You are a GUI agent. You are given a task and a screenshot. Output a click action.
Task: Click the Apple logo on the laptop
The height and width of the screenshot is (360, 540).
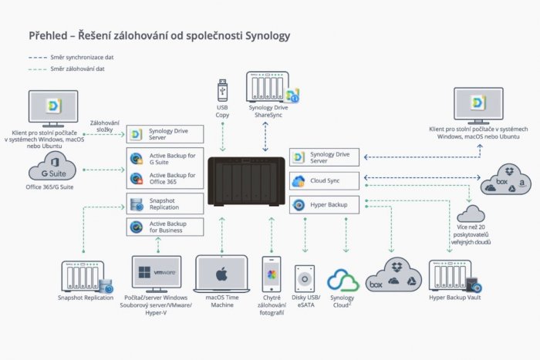221,274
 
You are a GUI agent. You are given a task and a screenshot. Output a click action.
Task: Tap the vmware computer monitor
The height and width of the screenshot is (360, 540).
157,273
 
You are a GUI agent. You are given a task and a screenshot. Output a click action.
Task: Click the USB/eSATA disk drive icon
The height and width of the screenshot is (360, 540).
305,278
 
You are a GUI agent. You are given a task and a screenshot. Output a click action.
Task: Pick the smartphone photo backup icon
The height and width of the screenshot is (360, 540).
271,275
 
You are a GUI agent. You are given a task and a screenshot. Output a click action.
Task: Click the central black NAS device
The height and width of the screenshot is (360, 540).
246,183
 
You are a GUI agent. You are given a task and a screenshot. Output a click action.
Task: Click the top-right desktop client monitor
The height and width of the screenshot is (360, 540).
478,107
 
